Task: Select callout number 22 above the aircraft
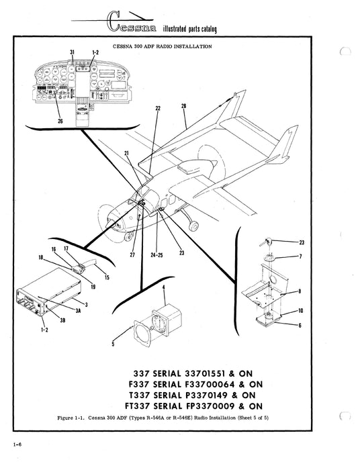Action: click(x=158, y=107)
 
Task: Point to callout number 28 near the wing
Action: click(x=183, y=106)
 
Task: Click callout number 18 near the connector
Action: click(x=40, y=257)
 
